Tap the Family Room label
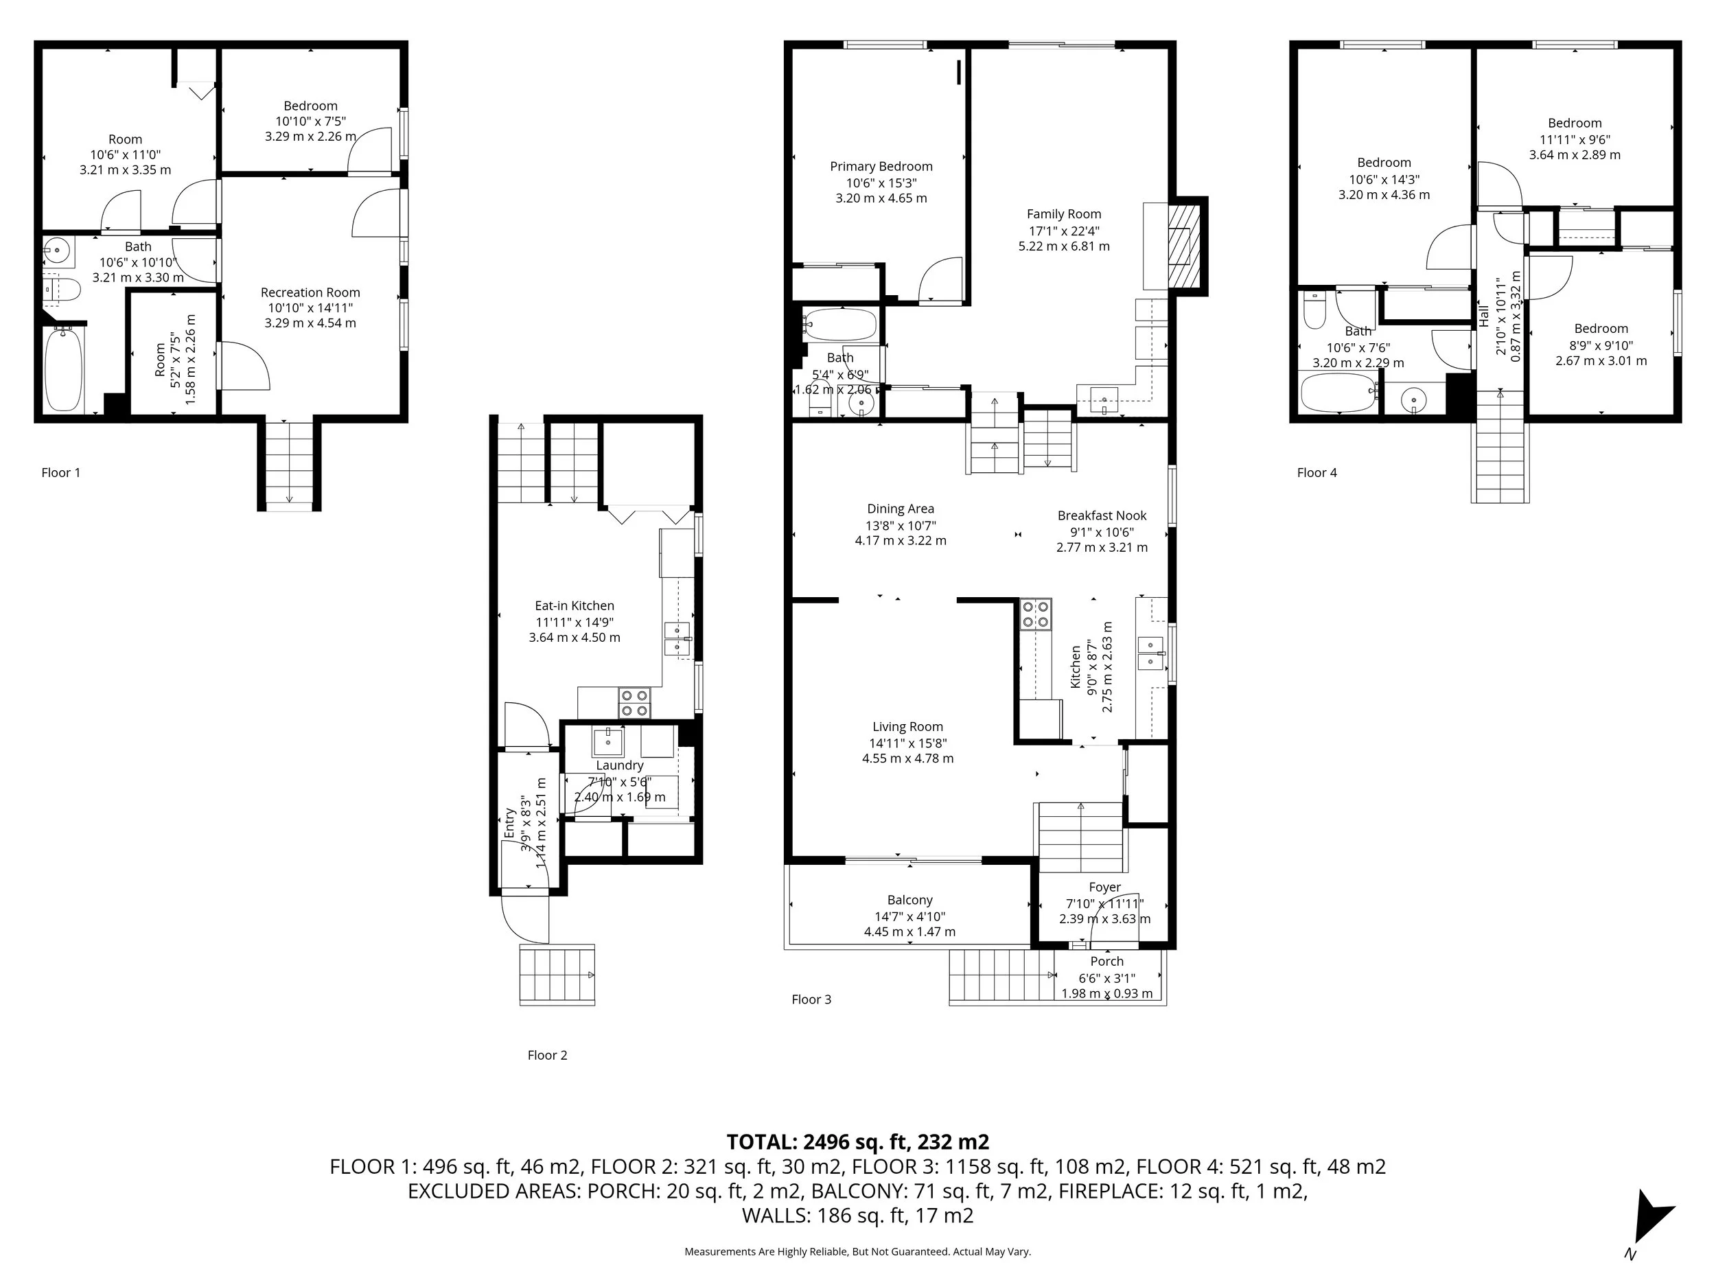(1064, 214)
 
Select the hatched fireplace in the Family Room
(1185, 246)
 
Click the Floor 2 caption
(547, 1055)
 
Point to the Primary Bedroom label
(881, 166)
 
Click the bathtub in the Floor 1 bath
(64, 369)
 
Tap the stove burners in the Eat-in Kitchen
(634, 703)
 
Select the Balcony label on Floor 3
(909, 900)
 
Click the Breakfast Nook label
(1102, 515)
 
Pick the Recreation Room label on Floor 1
(310, 292)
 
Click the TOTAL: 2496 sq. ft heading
(857, 1142)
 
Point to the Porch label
(1106, 961)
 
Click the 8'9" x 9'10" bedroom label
(1601, 345)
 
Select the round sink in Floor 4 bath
(1413, 401)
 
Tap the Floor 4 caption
(1317, 472)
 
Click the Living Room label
(907, 727)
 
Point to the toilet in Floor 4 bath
(1313, 311)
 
